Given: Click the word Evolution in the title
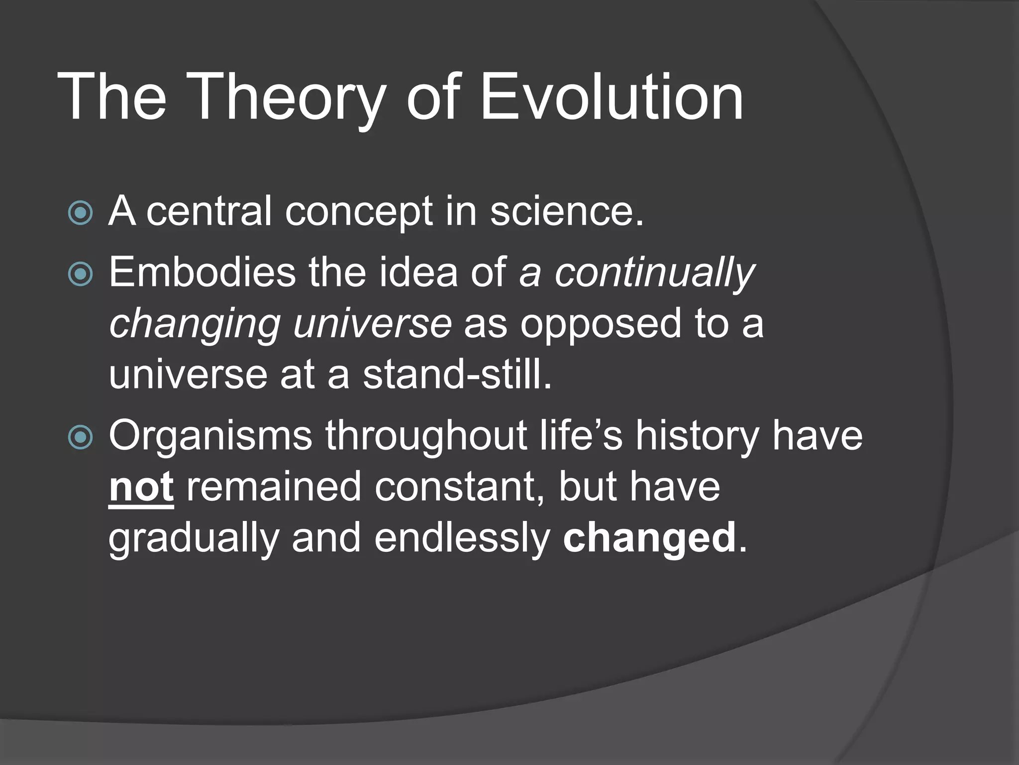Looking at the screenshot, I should pyautogui.click(x=611, y=97).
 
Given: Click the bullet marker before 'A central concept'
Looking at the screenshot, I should pyautogui.click(x=81, y=213).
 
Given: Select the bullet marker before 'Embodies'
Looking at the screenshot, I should pyautogui.click(x=81, y=273).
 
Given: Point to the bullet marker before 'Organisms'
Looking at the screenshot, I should pyautogui.click(x=81, y=437).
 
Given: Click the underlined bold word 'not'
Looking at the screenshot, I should pyautogui.click(x=141, y=487).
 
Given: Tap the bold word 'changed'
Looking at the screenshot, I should pyautogui.click(x=649, y=538).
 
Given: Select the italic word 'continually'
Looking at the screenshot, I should pyautogui.click(x=655, y=273).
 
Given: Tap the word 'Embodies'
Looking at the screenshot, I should pyautogui.click(x=202, y=272).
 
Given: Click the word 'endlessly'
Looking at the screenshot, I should pyautogui.click(x=462, y=538).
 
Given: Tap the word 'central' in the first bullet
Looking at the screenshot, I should pyautogui.click(x=209, y=212).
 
